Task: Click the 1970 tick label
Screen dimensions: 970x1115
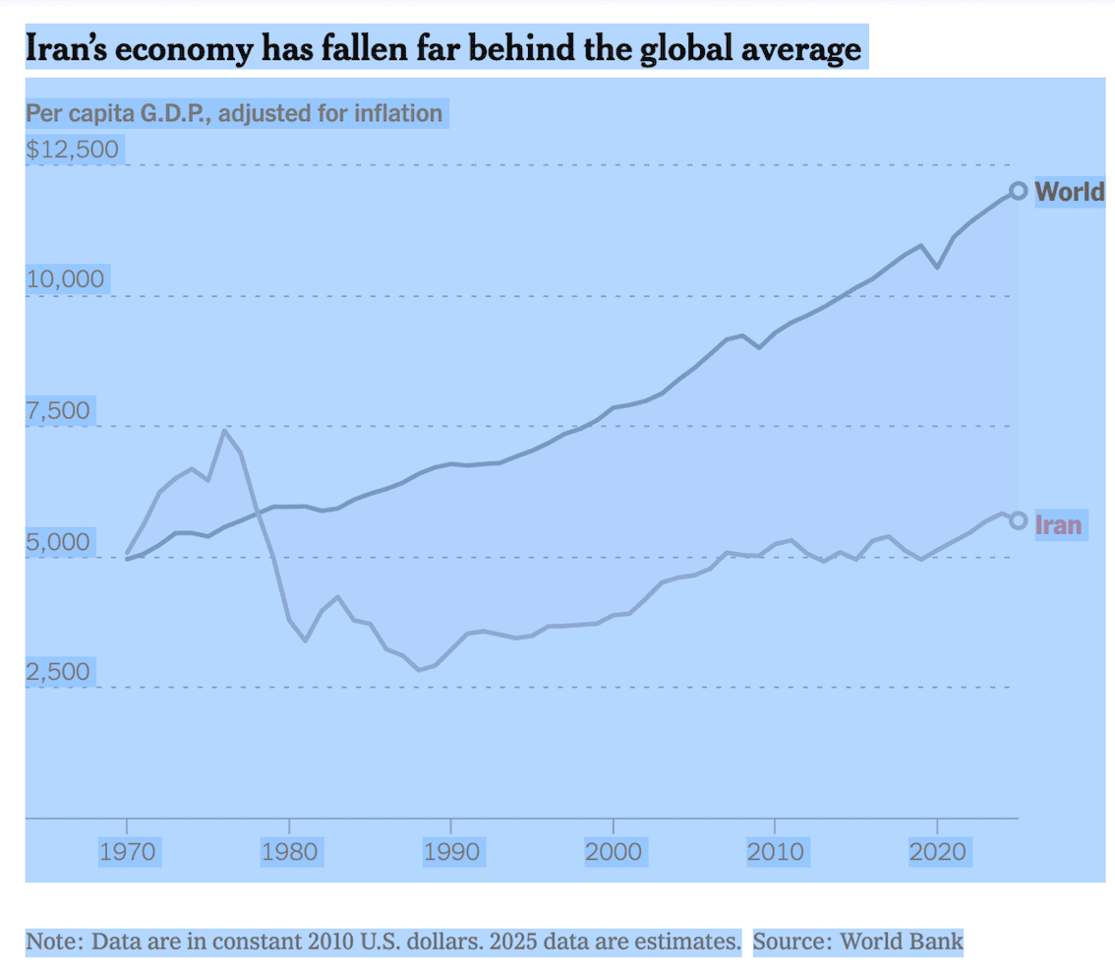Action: (x=128, y=851)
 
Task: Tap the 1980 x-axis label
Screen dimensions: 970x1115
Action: (x=290, y=851)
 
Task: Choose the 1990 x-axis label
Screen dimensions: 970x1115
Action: (x=451, y=851)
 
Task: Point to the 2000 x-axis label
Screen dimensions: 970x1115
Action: (x=614, y=851)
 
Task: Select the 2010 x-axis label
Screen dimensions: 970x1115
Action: (x=776, y=851)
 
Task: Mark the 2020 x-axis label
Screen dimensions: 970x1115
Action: (x=938, y=851)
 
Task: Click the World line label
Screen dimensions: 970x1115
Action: (x=1070, y=192)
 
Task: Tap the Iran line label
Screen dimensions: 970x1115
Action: (x=1058, y=525)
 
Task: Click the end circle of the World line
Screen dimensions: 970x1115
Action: (x=1019, y=191)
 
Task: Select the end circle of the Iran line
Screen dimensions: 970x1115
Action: (x=1019, y=520)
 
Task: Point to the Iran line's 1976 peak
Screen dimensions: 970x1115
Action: (x=225, y=431)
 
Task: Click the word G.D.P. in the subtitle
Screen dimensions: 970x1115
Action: (x=175, y=113)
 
